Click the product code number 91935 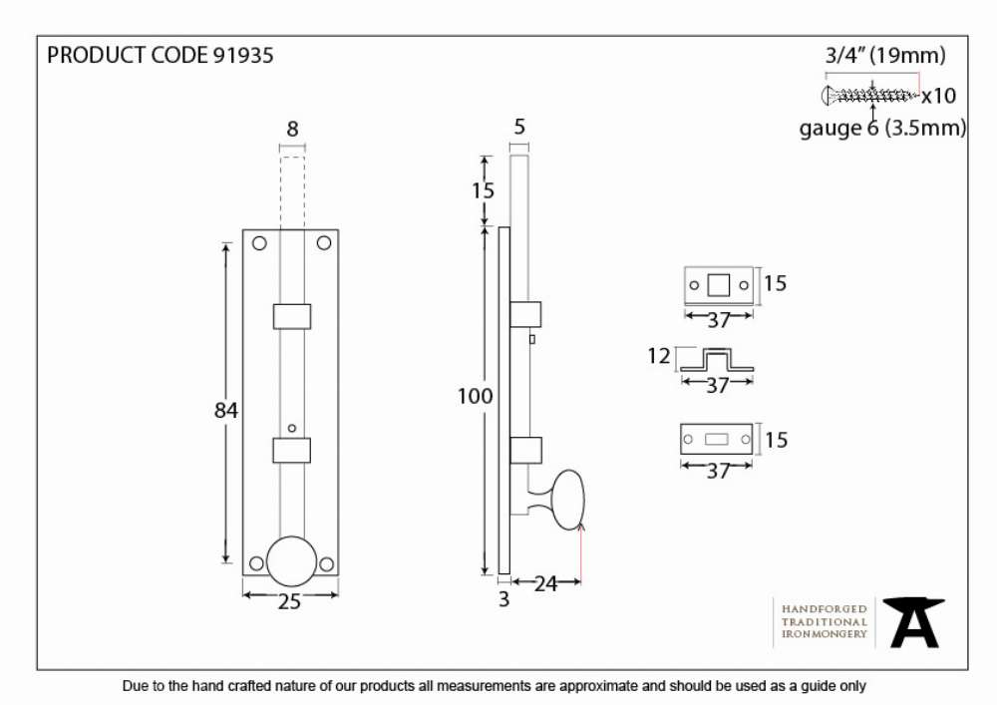[x=243, y=55]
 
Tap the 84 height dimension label [x=226, y=410]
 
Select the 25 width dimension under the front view [x=289, y=601]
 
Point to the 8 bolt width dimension [x=292, y=129]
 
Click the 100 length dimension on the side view [x=475, y=396]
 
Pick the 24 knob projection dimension [x=545, y=583]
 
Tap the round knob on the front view [x=292, y=561]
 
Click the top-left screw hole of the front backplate [x=259, y=243]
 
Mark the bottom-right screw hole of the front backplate [x=326, y=564]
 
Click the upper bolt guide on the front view [x=292, y=316]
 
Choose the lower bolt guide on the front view [x=292, y=450]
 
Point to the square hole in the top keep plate [x=719, y=285]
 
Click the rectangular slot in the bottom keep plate [x=717, y=440]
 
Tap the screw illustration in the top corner [x=871, y=96]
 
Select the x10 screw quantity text [x=939, y=96]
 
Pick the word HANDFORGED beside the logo [x=825, y=609]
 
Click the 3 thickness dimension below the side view [x=504, y=599]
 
